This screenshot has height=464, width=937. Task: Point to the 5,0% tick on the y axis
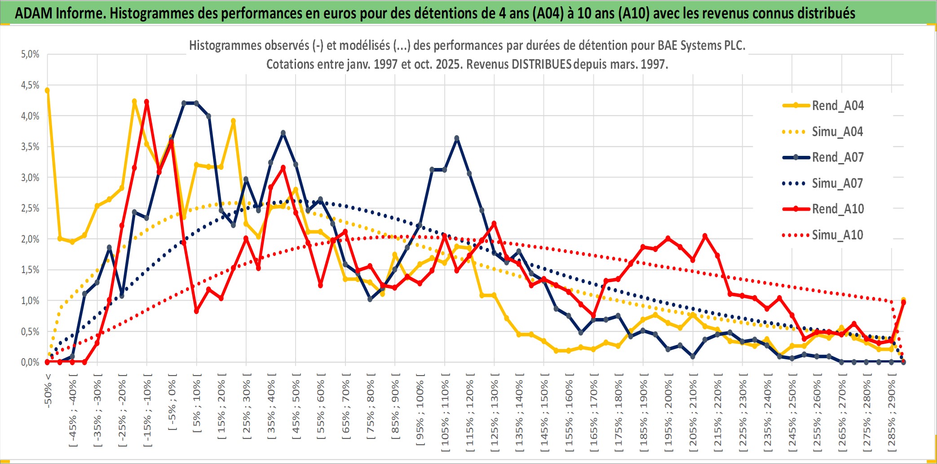pyautogui.click(x=30, y=54)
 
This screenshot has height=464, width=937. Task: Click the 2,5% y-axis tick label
pyautogui.click(x=30, y=208)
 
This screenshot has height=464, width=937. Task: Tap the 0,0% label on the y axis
pyautogui.click(x=30, y=362)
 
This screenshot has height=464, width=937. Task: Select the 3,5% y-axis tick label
pyautogui.click(x=30, y=147)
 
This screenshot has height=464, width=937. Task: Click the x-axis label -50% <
pyautogui.click(x=48, y=391)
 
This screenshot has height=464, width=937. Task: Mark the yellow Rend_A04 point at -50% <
pyautogui.click(x=47, y=90)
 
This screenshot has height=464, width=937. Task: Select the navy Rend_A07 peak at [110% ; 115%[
pyautogui.click(x=457, y=138)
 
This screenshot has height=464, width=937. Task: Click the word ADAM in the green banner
pyautogui.click(x=34, y=13)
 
